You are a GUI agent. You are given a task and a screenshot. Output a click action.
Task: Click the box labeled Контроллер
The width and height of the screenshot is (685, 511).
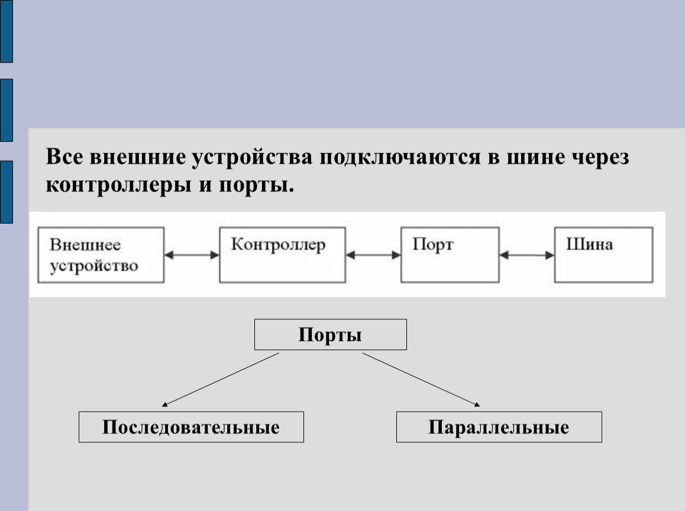[x=281, y=254]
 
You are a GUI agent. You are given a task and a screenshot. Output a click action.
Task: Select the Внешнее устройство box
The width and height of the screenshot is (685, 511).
[x=101, y=254]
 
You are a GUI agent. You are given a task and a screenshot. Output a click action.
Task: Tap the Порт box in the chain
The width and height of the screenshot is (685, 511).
[x=450, y=254]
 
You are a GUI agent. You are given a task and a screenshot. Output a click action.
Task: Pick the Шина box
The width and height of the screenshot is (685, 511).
[x=603, y=254]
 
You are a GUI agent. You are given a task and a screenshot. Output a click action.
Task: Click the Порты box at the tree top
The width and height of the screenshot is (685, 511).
[x=330, y=335]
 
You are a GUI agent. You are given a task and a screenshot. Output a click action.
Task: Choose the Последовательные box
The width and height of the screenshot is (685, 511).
[x=191, y=427]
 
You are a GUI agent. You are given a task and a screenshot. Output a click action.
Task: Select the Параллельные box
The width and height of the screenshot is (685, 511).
[x=499, y=427]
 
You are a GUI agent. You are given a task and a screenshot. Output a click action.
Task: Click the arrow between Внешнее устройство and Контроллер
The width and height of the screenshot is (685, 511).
[x=192, y=255]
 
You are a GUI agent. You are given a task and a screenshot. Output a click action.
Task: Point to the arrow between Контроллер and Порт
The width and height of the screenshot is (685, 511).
[x=373, y=256]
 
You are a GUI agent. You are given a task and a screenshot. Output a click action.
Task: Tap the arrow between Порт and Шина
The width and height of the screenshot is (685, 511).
[x=527, y=256]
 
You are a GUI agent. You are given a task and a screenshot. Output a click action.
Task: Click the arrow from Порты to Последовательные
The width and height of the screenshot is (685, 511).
[x=221, y=380]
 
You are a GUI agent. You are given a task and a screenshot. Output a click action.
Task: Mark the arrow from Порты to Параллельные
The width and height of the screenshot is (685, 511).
[x=421, y=379]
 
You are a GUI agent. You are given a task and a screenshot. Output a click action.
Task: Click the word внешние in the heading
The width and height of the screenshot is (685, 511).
[x=137, y=158]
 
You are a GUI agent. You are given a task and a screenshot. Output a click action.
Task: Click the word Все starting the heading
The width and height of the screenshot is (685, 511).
[x=65, y=158]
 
